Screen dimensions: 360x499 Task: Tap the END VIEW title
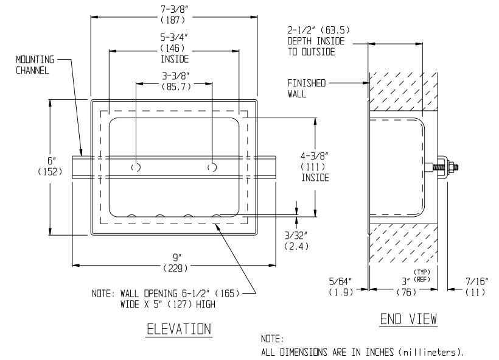coord(408,319)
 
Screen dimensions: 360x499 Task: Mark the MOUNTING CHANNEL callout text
coord(34,64)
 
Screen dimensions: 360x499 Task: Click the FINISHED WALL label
coord(307,88)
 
